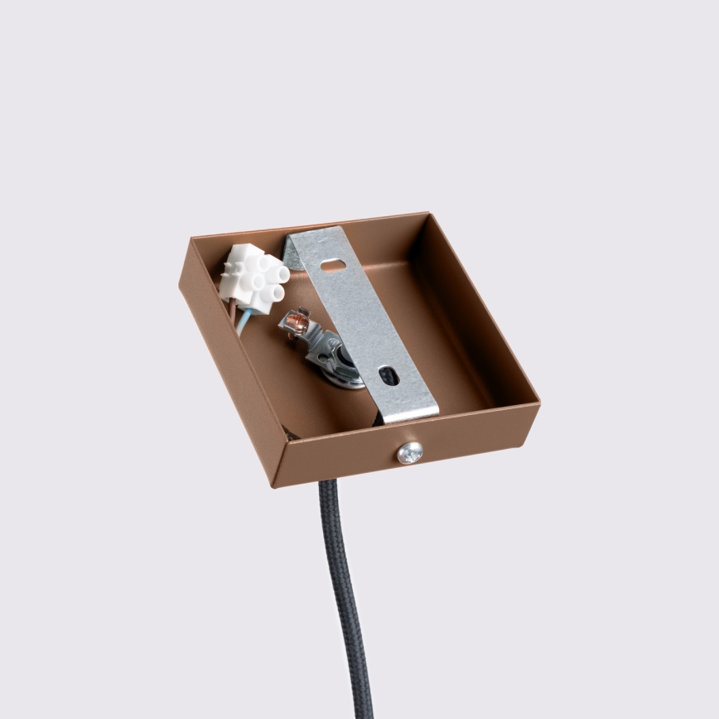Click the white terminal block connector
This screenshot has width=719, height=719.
pos(253,277)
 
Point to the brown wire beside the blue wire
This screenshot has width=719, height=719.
pos(234,315)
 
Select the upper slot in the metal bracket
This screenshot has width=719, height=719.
pos(334,266)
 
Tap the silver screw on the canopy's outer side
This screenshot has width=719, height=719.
pos(409,452)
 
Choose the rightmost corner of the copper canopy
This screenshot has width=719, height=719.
pos(538,403)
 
